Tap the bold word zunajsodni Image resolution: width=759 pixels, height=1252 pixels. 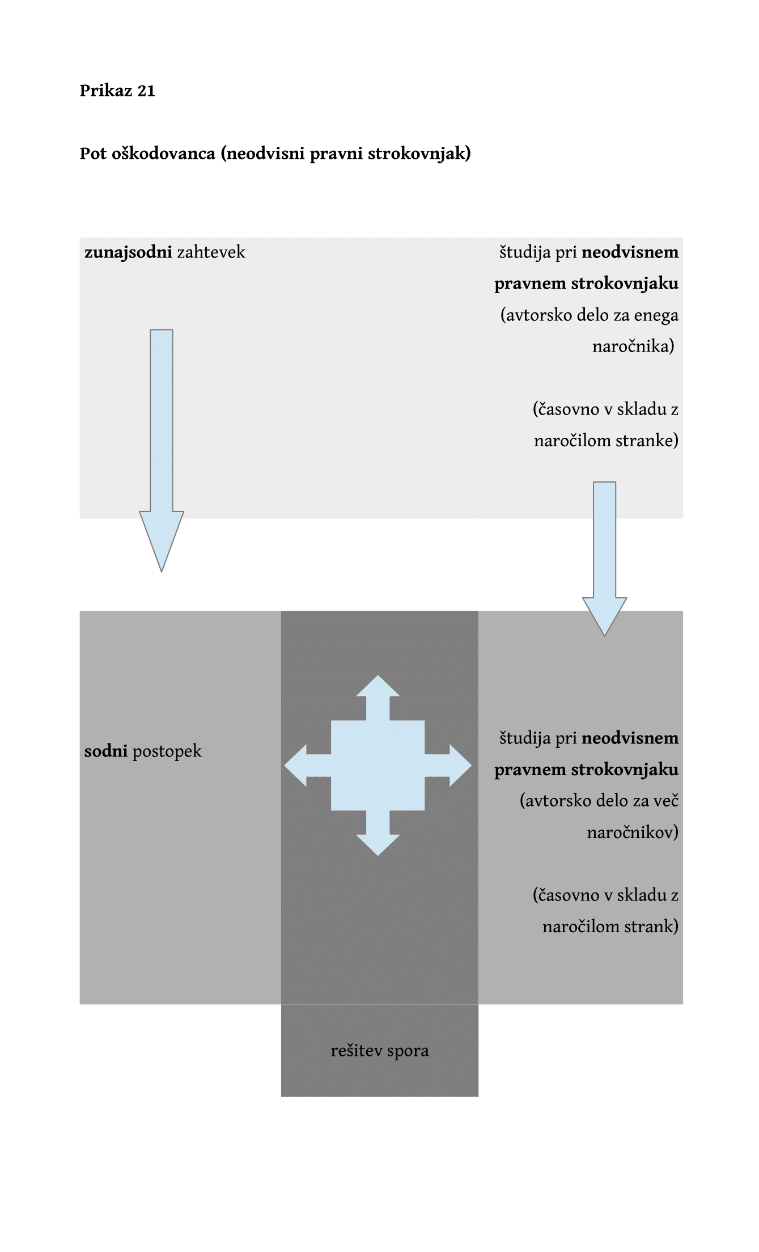[x=128, y=253]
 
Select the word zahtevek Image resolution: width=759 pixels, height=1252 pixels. [x=211, y=252]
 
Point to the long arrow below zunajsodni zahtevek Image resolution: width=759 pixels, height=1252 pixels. [x=162, y=450]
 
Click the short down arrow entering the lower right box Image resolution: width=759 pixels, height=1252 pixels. [x=604, y=559]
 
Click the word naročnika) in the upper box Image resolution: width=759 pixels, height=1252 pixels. [x=633, y=346]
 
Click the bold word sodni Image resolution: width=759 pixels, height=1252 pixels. [x=106, y=751]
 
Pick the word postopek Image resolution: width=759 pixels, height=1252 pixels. [x=167, y=752]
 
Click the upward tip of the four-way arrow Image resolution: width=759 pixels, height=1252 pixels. [x=378, y=676]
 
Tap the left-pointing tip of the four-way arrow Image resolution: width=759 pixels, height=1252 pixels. [x=285, y=765]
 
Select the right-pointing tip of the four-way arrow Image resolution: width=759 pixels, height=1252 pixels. [x=470, y=765]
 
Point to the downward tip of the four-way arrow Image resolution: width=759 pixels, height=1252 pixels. [x=378, y=855]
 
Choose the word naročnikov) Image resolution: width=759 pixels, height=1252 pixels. [x=633, y=832]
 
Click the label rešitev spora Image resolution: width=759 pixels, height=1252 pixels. [x=380, y=1051]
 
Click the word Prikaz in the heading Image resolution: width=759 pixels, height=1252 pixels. [x=106, y=91]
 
